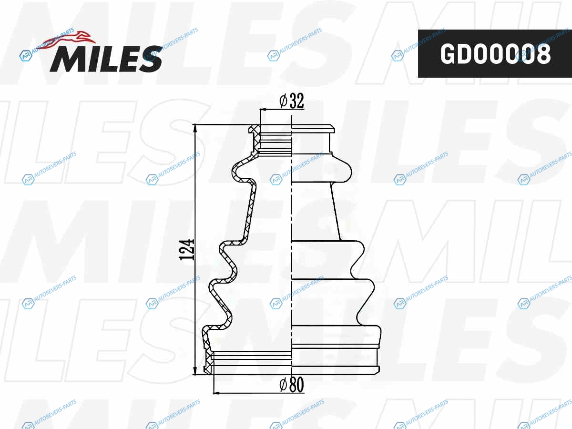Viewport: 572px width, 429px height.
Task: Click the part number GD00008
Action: point(495,54)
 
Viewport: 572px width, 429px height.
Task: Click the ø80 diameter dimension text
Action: point(292,385)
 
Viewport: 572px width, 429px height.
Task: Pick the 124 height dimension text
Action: point(187,249)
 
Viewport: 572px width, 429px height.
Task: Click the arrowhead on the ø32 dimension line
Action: point(264,110)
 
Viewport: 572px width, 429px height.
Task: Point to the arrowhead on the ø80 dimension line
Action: point(217,392)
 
